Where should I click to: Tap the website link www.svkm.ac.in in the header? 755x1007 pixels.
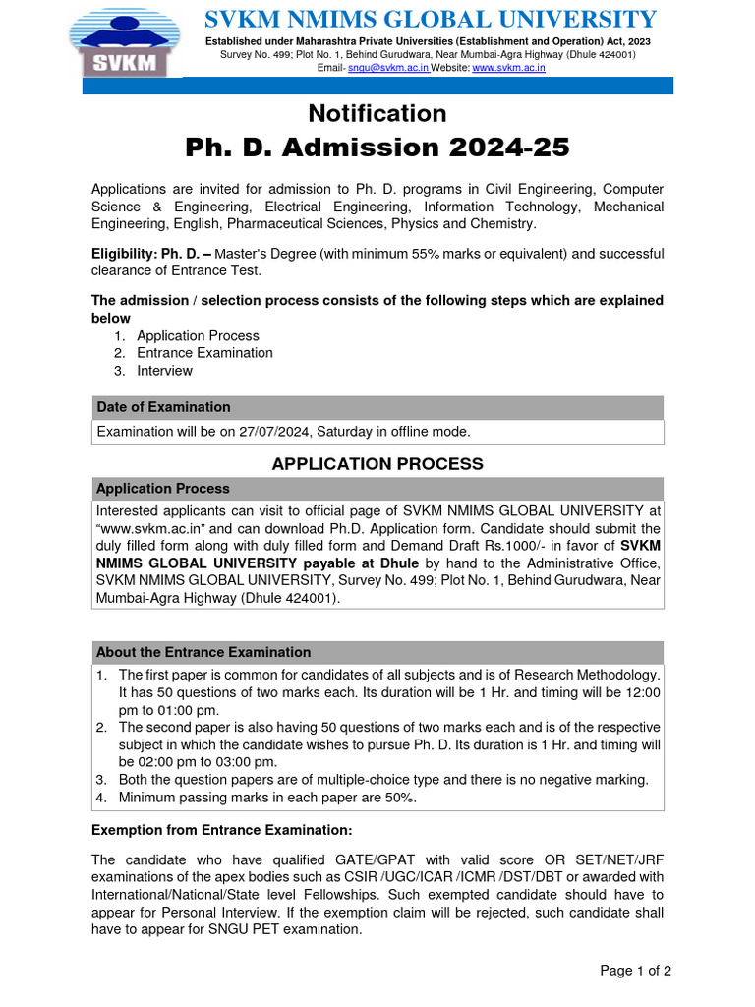tap(508, 68)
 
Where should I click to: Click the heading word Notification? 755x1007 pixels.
tap(377, 113)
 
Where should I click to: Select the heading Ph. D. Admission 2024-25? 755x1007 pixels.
tap(377, 148)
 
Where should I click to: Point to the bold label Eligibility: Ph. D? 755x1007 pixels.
tap(150, 254)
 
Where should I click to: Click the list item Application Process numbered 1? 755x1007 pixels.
tap(198, 335)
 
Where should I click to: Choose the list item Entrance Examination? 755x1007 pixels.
tap(204, 353)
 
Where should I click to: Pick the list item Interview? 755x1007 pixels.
tap(164, 371)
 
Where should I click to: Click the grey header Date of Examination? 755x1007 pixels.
tap(163, 407)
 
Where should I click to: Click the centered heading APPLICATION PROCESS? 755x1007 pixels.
tap(377, 464)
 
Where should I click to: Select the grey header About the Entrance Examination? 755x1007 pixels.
tap(203, 652)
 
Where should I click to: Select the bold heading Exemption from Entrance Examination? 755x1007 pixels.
tap(221, 830)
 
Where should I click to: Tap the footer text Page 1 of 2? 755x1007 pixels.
tap(635, 971)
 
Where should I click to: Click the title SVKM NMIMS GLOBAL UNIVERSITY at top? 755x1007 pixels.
tap(429, 19)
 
